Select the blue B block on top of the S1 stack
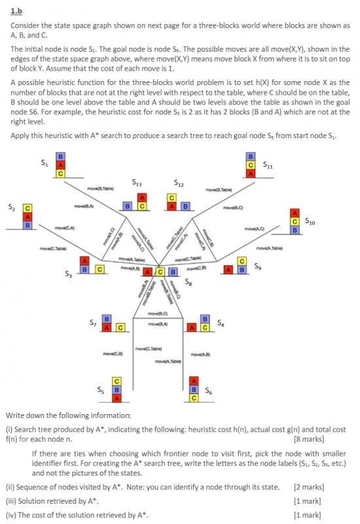click(61, 157)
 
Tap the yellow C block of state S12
click(172, 198)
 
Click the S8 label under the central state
click(189, 282)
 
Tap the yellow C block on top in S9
click(242, 261)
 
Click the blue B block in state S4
click(204, 319)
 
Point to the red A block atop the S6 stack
click(193, 381)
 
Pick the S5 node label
click(100, 389)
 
